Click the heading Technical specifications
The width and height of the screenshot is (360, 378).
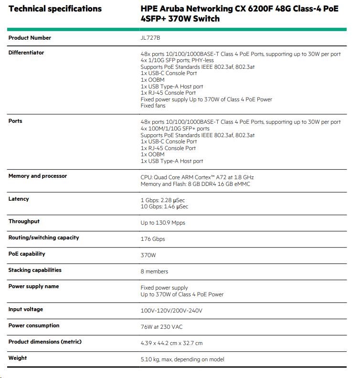pyautogui.click(x=55, y=9)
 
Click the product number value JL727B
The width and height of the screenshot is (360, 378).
pyautogui.click(x=150, y=38)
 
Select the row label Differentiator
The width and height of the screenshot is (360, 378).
pyautogui.click(x=26, y=53)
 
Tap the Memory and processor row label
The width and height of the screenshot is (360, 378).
pyautogui.click(x=38, y=176)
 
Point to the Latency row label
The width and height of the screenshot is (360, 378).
pyautogui.click(x=19, y=199)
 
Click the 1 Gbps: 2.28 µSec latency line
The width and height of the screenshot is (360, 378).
pyautogui.click(x=164, y=200)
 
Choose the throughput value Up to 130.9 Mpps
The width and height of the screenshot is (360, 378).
pyautogui.click(x=163, y=223)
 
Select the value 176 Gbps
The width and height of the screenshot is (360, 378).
pyautogui.click(x=153, y=239)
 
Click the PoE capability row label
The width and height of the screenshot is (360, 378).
pyautogui.click(x=27, y=254)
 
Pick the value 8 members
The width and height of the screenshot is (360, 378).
pyautogui.click(x=154, y=271)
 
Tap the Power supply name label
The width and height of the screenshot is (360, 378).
pyautogui.click(x=33, y=286)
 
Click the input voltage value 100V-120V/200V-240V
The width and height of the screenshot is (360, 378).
pyautogui.click(x=171, y=311)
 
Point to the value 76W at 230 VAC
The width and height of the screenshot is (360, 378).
pyautogui.click(x=161, y=327)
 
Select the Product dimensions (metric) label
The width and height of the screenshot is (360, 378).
pyautogui.click(x=45, y=342)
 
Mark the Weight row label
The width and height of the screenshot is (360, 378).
pyautogui.click(x=18, y=358)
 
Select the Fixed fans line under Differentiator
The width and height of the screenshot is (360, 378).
pyautogui.click(x=153, y=106)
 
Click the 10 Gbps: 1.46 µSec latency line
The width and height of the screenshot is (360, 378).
pyautogui.click(x=164, y=206)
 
